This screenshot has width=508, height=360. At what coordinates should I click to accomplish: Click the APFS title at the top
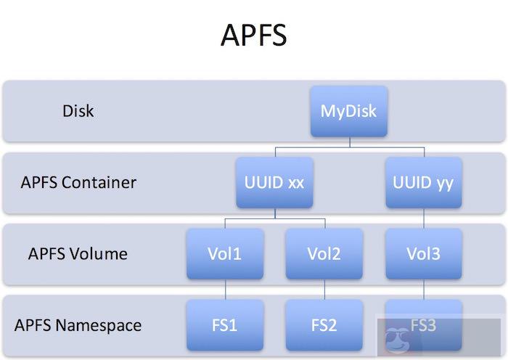(x=254, y=34)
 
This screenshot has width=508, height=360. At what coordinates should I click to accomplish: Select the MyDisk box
(x=348, y=112)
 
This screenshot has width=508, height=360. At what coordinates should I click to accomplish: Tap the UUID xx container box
(x=274, y=182)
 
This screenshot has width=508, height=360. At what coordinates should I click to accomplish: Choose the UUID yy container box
(x=423, y=182)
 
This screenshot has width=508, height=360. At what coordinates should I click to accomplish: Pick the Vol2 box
(x=324, y=253)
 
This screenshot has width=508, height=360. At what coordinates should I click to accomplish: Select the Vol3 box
(x=423, y=253)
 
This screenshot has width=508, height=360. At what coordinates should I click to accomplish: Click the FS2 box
(x=324, y=324)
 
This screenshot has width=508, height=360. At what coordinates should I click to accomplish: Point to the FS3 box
(x=423, y=324)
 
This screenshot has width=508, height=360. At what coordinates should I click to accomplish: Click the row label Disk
(x=78, y=112)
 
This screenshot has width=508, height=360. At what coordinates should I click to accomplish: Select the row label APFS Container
(x=78, y=181)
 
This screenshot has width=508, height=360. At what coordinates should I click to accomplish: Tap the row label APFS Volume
(x=78, y=253)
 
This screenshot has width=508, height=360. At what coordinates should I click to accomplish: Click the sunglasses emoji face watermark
(x=396, y=338)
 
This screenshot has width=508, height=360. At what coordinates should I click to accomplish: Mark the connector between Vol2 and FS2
(x=324, y=290)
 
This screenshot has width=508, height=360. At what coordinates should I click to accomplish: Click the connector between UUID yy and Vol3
(x=423, y=218)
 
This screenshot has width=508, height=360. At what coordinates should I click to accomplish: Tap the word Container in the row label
(x=99, y=181)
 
